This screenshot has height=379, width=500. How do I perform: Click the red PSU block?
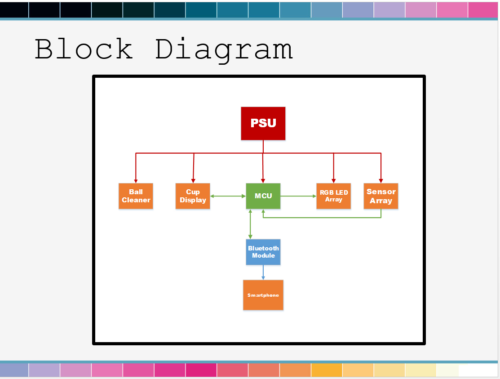tap(263, 123)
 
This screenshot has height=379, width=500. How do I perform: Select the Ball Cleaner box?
tap(136, 196)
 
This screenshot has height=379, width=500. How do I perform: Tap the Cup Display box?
tap(193, 196)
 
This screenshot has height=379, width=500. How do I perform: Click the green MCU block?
tap(263, 196)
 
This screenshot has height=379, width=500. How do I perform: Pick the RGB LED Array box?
tap(333, 196)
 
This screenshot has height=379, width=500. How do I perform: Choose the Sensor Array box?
tap(381, 196)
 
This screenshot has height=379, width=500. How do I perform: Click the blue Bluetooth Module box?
tap(263, 252)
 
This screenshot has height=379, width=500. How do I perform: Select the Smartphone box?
tap(263, 295)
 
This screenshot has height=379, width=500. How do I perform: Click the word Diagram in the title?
tap(224, 49)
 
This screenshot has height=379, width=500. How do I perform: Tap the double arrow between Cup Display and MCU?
tap(228, 196)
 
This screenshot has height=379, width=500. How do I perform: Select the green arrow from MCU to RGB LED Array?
tap(298, 196)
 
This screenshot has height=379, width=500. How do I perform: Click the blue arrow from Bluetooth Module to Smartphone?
tap(263, 272)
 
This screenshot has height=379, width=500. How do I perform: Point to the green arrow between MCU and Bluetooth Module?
tap(251, 224)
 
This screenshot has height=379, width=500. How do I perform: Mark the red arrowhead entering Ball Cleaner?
tap(136, 181)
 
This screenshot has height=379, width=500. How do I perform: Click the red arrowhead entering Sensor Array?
tap(381, 181)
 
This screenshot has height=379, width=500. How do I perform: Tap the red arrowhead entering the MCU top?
tap(263, 181)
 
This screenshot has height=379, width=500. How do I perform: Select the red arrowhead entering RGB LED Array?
tap(333, 181)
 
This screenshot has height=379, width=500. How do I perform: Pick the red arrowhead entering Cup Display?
tap(193, 181)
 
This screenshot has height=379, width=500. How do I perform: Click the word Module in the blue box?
tap(263, 255)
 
